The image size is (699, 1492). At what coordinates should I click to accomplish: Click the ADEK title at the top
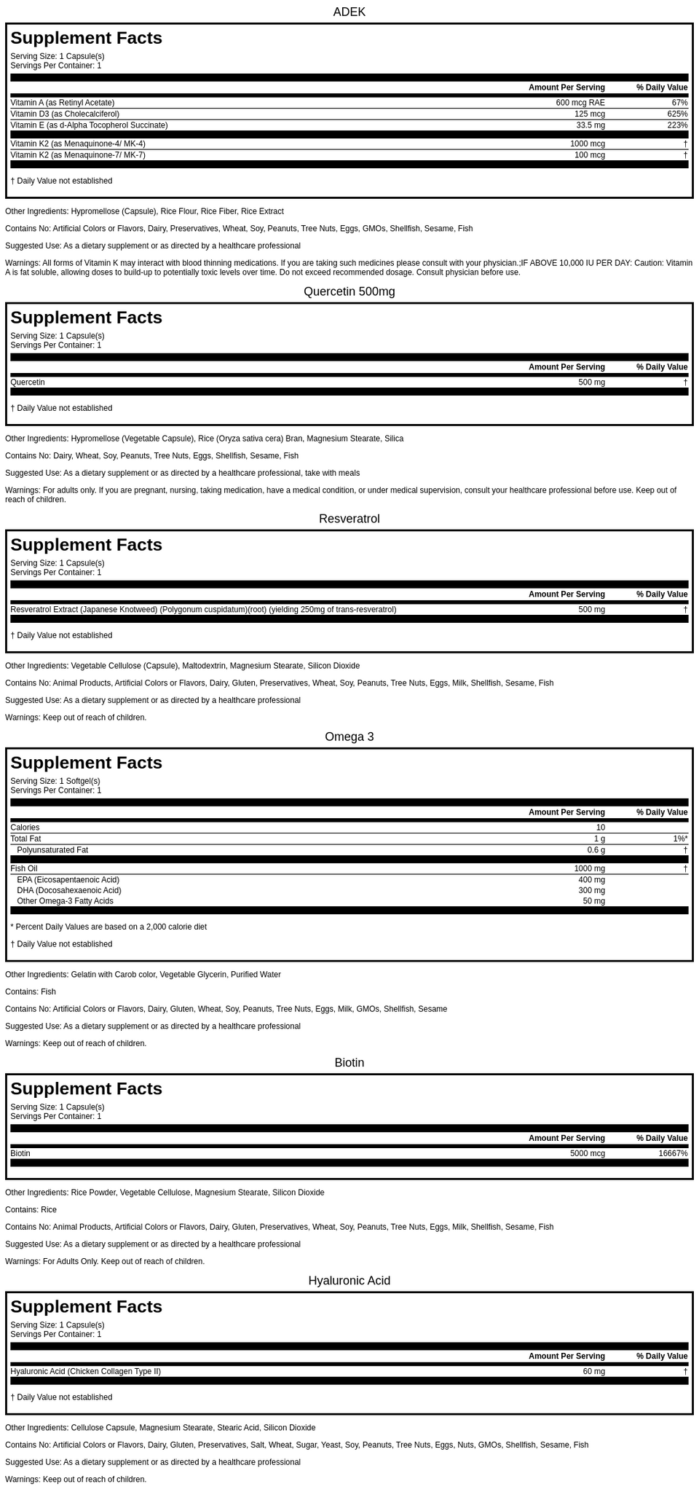click(349, 12)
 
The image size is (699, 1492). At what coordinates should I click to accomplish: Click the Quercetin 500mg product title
click(349, 291)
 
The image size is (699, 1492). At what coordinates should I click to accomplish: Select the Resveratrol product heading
click(349, 519)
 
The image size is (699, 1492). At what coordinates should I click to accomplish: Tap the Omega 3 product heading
click(349, 737)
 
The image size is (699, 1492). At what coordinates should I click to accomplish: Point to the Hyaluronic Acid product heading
click(349, 1281)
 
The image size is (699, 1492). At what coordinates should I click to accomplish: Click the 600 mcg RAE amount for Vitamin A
click(580, 103)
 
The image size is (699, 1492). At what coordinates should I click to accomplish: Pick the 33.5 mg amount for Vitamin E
click(590, 125)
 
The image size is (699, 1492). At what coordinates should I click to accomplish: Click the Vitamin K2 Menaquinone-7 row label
click(78, 155)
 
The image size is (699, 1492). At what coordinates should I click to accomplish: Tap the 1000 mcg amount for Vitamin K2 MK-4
click(587, 144)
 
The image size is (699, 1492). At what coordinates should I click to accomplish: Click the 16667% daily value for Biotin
click(673, 1153)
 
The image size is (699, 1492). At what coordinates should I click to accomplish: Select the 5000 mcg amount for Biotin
click(587, 1153)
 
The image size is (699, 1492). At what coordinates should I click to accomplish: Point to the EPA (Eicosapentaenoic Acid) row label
click(68, 880)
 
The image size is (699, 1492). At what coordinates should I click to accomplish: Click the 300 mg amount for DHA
click(591, 890)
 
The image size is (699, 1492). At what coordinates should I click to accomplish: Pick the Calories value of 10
click(600, 828)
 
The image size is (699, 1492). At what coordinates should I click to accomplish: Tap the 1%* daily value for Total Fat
click(680, 839)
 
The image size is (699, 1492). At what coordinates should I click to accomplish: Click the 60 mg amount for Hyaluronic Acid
click(593, 1371)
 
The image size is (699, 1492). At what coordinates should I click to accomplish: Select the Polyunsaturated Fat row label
click(52, 850)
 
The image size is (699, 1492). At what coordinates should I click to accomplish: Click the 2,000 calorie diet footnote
click(108, 927)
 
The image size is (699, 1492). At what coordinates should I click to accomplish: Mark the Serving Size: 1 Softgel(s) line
click(55, 781)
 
